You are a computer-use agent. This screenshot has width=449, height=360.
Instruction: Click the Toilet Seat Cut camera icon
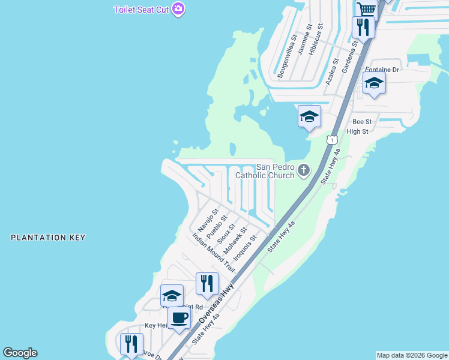pos(178,9)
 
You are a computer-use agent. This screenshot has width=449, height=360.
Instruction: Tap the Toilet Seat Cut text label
pos(142,10)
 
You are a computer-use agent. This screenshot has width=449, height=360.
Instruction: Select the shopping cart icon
pos(366,9)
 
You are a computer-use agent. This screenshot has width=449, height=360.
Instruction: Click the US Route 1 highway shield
pos(331,140)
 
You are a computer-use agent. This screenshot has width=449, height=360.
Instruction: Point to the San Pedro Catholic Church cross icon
pos(304,171)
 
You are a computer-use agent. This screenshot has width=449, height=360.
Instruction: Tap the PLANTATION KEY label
pos(48,238)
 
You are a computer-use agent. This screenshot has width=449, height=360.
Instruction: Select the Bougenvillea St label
pos(287,56)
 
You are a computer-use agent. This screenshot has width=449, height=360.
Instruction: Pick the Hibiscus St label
pos(316,40)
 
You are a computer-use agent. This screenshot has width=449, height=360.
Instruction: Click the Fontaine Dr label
pos(382,70)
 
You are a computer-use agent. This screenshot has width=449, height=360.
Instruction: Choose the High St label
pos(357,131)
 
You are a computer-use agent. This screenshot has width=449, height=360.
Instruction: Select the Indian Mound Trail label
pos(214,253)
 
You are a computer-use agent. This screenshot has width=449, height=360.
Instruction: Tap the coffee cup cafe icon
pos(178,317)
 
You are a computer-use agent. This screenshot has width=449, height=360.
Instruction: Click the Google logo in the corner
pos(20,353)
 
